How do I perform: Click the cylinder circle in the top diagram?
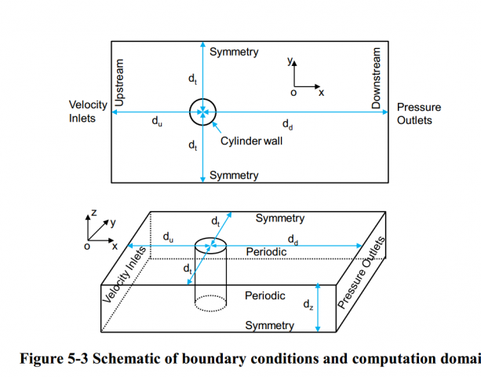[x=202, y=112]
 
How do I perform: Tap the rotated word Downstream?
[x=376, y=79]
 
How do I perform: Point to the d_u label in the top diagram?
[x=157, y=122]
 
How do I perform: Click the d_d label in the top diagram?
[x=289, y=123]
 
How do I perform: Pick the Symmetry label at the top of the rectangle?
[x=234, y=52]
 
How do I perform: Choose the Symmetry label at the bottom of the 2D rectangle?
[x=234, y=175]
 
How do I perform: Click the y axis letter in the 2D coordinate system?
[x=290, y=60]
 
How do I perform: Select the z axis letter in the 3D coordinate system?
[x=93, y=212]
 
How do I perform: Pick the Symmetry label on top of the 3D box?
[x=280, y=218]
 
